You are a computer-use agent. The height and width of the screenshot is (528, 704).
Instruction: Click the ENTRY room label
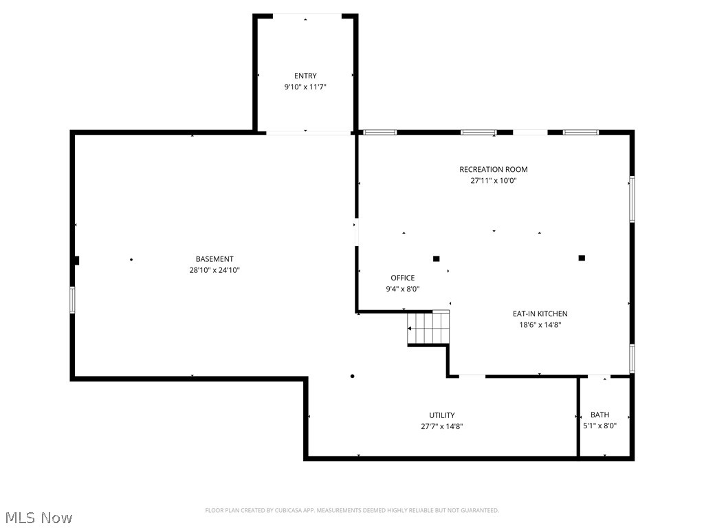[305, 76]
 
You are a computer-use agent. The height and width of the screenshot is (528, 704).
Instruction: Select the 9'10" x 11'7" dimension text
[305, 87]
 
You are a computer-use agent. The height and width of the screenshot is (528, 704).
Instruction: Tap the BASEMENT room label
[214, 259]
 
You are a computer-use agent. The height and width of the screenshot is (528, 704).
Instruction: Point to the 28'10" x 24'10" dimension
[214, 270]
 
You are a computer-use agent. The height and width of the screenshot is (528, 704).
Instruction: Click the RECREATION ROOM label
[494, 169]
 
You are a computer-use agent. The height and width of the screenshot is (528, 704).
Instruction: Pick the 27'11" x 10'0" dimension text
[494, 181]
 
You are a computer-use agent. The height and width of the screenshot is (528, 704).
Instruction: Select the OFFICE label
[403, 278]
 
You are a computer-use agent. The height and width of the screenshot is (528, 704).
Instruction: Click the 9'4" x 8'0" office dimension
[403, 289]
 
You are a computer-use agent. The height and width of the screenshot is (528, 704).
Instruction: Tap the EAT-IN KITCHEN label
[540, 313]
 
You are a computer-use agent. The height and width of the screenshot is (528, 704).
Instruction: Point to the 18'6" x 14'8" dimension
[540, 325]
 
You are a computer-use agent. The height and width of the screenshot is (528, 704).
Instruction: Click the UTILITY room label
[442, 415]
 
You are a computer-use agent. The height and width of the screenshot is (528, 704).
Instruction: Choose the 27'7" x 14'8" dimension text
[442, 426]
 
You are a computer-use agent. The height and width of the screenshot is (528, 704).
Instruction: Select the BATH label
[599, 415]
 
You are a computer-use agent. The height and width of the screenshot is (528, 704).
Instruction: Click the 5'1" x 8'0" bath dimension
[599, 426]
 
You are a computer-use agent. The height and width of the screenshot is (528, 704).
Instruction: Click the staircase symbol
[428, 328]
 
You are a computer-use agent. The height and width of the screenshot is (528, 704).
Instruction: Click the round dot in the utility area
[353, 376]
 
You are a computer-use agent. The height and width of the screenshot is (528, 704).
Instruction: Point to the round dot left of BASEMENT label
[131, 259]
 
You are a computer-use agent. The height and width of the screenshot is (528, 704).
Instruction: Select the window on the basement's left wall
[72, 300]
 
